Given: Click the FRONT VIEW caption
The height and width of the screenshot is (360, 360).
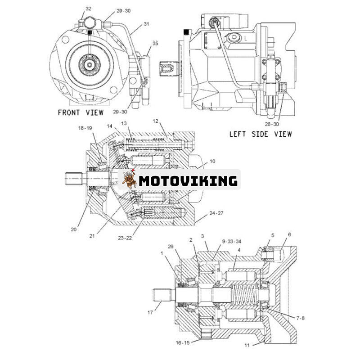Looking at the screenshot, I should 80,112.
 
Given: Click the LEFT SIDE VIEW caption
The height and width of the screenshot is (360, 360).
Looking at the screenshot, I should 261,134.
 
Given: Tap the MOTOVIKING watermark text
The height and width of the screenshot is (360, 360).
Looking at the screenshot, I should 188,181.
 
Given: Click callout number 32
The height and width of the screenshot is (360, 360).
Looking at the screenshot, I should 88,9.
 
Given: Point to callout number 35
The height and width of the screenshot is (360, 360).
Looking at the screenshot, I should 155,44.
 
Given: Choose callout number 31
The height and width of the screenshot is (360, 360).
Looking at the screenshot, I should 146,24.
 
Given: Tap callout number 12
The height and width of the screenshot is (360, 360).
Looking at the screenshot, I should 155,121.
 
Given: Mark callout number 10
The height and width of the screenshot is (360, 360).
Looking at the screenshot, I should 212,161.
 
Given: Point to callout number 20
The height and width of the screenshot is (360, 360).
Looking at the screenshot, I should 74,229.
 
